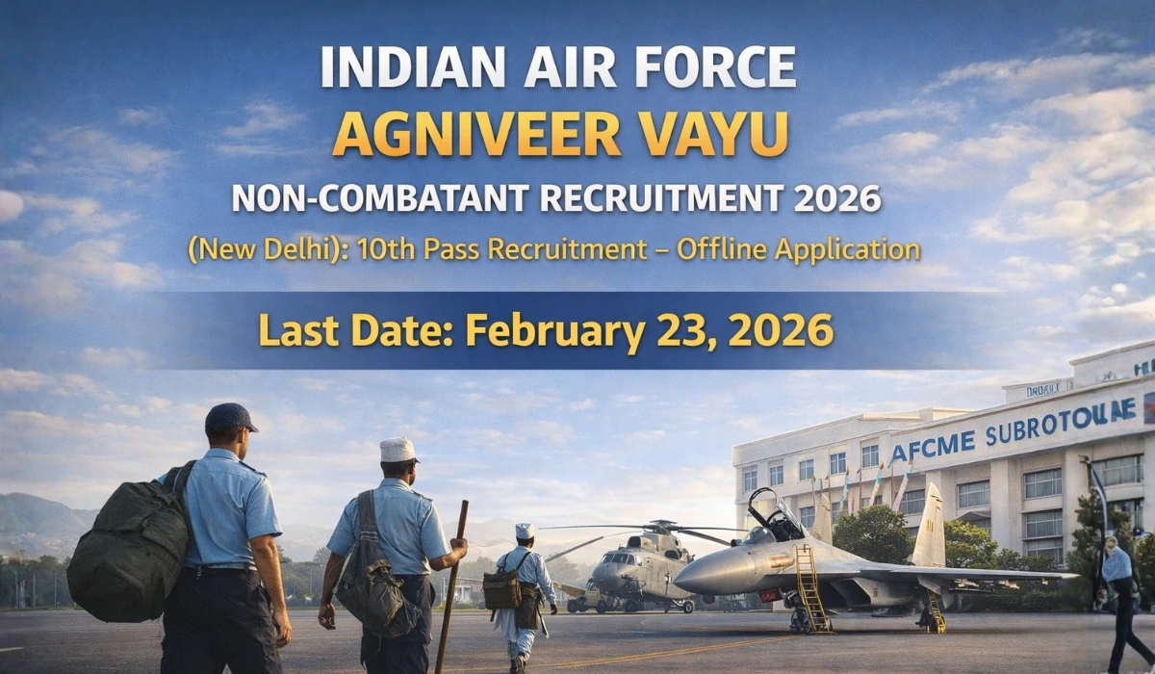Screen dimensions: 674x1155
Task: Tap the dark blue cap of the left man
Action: pyautogui.click(x=230, y=417)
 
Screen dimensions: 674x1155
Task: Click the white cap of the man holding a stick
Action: pyautogui.click(x=398, y=449)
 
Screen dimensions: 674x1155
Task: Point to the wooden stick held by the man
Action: pyautogui.click(x=450, y=587)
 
